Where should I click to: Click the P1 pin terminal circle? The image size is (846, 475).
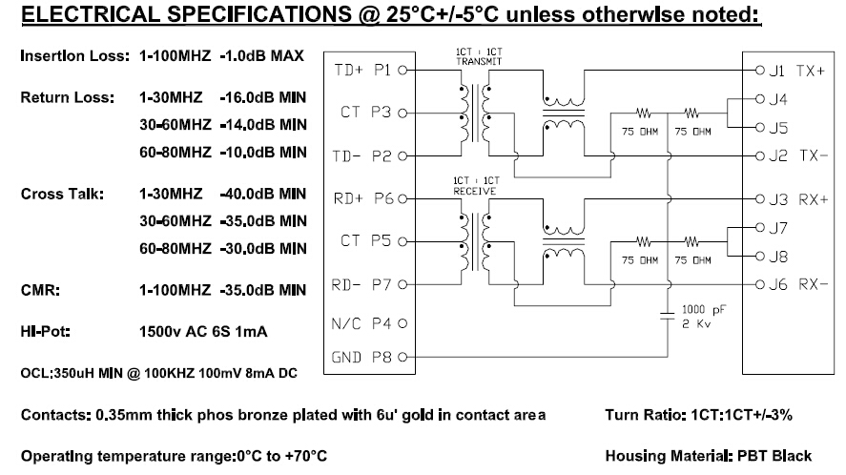402,71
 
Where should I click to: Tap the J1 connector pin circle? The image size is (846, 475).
759,71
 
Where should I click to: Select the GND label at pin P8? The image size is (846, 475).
346,358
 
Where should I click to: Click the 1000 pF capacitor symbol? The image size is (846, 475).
668,316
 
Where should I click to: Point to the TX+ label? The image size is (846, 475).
811,71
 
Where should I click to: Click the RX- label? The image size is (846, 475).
813,284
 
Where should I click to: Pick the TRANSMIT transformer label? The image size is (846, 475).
479,62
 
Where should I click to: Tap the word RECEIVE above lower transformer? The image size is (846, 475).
475,191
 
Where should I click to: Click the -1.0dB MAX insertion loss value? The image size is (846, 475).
262,55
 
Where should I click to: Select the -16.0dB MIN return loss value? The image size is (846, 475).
263,97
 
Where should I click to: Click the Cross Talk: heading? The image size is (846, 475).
63,194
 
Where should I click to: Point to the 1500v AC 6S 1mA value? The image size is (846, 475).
203,331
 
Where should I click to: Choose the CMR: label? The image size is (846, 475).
40,290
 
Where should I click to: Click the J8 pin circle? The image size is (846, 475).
759,256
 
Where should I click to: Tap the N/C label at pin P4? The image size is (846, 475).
346,324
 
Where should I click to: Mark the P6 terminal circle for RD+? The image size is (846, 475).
402,198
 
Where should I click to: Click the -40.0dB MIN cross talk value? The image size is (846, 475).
263,194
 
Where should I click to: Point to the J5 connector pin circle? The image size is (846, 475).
759,128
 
